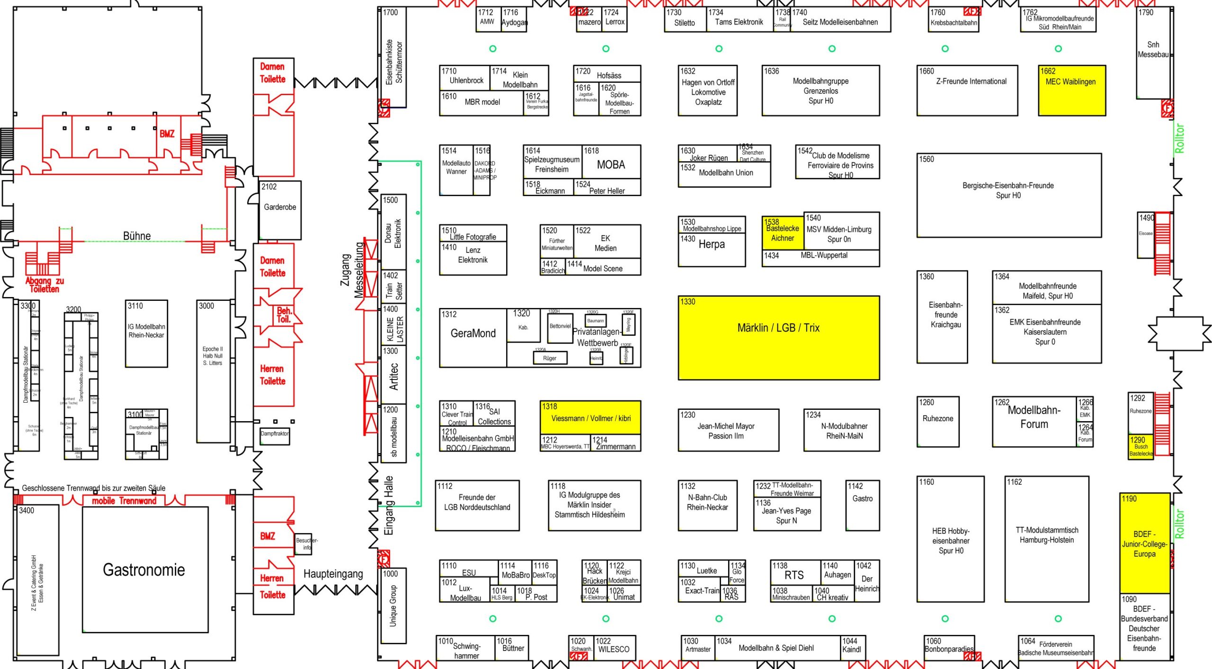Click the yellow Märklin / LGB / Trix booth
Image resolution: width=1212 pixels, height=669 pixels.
778,337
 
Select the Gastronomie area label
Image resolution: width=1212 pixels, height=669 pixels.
144,570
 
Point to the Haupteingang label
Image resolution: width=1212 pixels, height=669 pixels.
333,574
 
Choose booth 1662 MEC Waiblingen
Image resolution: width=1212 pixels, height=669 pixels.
1071,90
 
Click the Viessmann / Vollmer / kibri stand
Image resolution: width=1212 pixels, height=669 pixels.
590,417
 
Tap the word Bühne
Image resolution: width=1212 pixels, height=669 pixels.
137,235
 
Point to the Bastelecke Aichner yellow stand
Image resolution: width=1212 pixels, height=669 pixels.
782,233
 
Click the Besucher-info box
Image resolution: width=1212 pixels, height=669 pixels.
304,544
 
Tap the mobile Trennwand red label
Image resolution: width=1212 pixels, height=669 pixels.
124,500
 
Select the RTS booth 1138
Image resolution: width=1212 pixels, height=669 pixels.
794,574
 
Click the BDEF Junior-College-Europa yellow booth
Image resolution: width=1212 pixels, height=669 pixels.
1144,543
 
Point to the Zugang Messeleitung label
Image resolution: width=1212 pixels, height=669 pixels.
352,270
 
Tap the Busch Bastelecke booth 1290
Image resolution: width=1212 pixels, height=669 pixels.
1141,447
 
